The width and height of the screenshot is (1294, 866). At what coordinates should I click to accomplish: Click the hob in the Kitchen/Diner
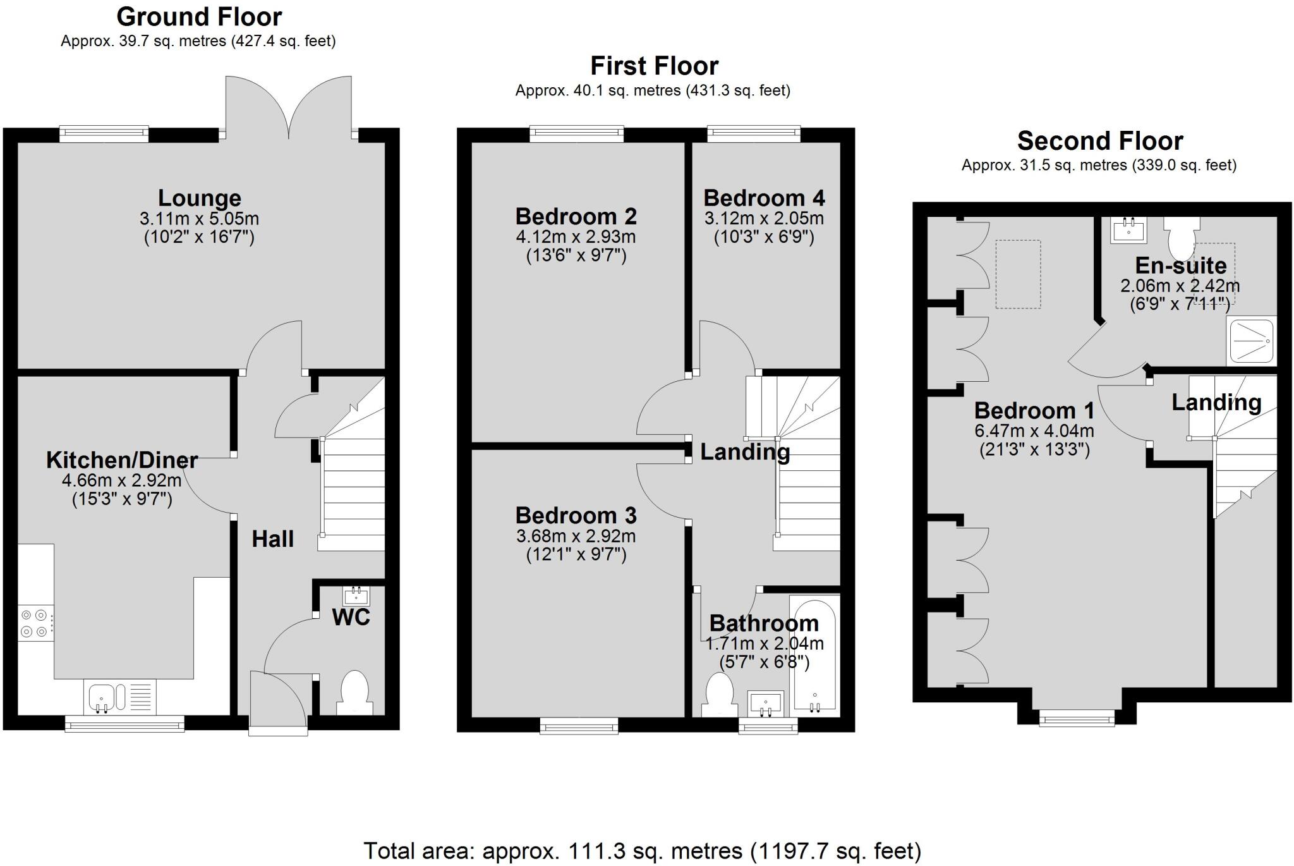(x=35, y=623)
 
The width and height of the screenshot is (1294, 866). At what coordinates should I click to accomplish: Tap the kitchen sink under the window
(x=119, y=698)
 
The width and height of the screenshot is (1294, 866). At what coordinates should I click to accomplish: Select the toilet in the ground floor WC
(x=354, y=693)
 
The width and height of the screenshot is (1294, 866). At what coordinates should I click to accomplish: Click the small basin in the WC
(x=356, y=596)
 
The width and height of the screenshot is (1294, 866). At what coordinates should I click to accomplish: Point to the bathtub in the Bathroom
(x=815, y=656)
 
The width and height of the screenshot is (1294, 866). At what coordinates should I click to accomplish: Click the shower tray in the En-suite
(x=1251, y=341)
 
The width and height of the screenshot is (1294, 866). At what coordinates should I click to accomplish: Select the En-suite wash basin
(x=1128, y=231)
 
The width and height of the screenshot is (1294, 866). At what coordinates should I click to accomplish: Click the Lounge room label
(x=199, y=198)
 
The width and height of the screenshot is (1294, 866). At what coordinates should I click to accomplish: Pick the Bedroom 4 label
(x=764, y=198)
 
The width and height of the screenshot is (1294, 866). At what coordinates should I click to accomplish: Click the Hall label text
(x=273, y=539)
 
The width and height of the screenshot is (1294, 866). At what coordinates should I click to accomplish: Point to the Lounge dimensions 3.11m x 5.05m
(x=199, y=219)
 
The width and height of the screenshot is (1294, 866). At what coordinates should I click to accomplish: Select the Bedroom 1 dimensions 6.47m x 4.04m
(x=1034, y=431)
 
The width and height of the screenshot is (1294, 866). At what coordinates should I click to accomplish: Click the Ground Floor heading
(x=199, y=16)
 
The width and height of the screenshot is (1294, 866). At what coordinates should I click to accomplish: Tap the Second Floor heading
(x=1099, y=140)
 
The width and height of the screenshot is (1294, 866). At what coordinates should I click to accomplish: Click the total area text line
(x=642, y=850)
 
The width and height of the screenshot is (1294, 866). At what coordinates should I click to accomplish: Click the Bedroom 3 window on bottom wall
(x=579, y=726)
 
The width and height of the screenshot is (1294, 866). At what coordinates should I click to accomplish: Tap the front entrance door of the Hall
(x=278, y=703)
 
